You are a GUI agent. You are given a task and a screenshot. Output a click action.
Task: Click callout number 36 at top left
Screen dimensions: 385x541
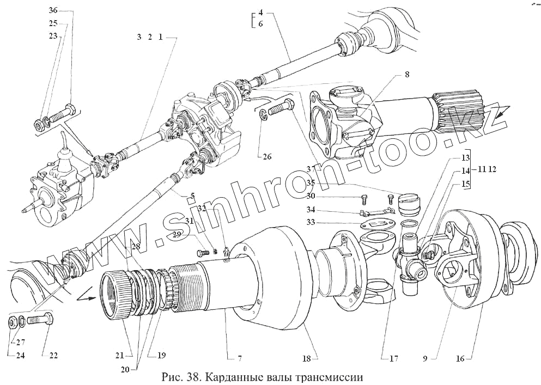point(52,10)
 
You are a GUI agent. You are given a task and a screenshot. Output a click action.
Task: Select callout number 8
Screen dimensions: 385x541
point(407,74)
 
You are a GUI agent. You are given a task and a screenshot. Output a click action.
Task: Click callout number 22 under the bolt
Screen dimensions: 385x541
point(53,356)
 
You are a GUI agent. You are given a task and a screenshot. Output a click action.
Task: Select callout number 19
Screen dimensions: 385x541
point(162,356)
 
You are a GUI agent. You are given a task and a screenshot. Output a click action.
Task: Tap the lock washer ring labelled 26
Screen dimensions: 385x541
point(263,114)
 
